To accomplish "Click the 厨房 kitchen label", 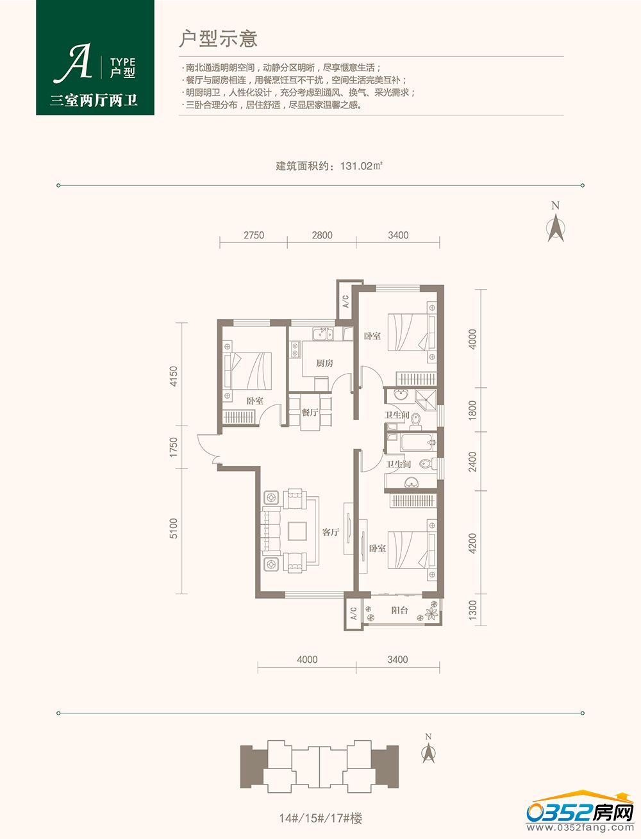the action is coord(324,363).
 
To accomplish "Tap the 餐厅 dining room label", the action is coord(310,412).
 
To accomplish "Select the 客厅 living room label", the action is coord(330,532).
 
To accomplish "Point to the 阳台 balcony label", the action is coord(399,610).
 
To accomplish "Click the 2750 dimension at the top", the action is coord(254,235).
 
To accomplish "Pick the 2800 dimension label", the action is coord(322,235).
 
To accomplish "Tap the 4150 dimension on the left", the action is coord(174,376).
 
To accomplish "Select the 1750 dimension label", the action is coord(174,447).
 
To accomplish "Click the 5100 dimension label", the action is coord(174,528).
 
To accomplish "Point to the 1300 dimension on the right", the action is coord(472,610).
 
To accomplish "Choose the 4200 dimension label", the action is coord(472,543).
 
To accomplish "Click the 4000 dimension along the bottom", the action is coord(307,660).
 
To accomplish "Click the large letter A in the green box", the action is coord(72,63).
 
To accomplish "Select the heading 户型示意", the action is coord(218,39).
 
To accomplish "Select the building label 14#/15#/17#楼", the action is coord(320,818).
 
